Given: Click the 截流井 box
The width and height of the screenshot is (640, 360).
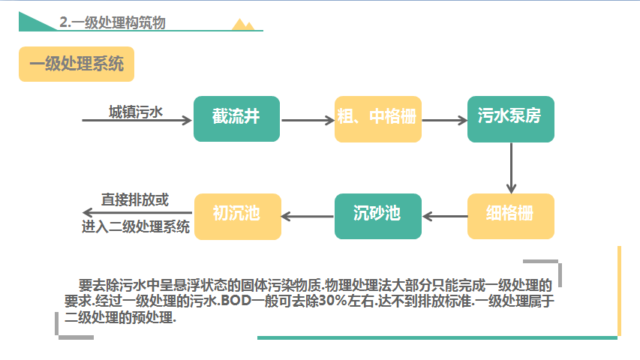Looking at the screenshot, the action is click(237, 118).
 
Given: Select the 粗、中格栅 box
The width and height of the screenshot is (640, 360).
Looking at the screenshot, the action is click(378, 119).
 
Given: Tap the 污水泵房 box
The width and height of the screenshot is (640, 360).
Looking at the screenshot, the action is click(511, 119).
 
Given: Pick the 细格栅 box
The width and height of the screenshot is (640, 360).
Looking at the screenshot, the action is click(511, 216).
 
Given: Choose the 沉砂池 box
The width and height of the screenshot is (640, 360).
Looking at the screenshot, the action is click(378, 216).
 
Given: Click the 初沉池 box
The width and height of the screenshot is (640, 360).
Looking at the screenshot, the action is click(238, 216).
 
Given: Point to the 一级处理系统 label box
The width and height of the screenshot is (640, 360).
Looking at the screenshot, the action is click(77, 64).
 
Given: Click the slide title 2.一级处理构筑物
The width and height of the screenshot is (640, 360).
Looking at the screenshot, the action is click(113, 22).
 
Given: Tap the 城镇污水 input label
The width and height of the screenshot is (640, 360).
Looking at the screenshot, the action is click(136, 112).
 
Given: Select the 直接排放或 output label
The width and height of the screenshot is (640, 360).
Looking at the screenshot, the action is click(135, 200).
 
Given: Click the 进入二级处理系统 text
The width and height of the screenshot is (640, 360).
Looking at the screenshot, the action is click(136, 226).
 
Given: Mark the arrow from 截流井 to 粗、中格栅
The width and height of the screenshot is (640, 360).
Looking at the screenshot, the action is click(308, 120).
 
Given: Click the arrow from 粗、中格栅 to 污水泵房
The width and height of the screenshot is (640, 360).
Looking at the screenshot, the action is click(444, 120).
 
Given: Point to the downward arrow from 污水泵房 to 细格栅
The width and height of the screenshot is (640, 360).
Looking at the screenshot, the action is click(511, 168).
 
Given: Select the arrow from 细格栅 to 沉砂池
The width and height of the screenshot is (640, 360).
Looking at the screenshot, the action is click(445, 216).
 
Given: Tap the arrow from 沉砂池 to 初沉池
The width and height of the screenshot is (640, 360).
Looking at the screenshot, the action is click(308, 216).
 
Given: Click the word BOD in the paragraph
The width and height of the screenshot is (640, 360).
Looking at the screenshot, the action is click(236, 301).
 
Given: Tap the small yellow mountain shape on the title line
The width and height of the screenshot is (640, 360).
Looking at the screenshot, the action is click(243, 25).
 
